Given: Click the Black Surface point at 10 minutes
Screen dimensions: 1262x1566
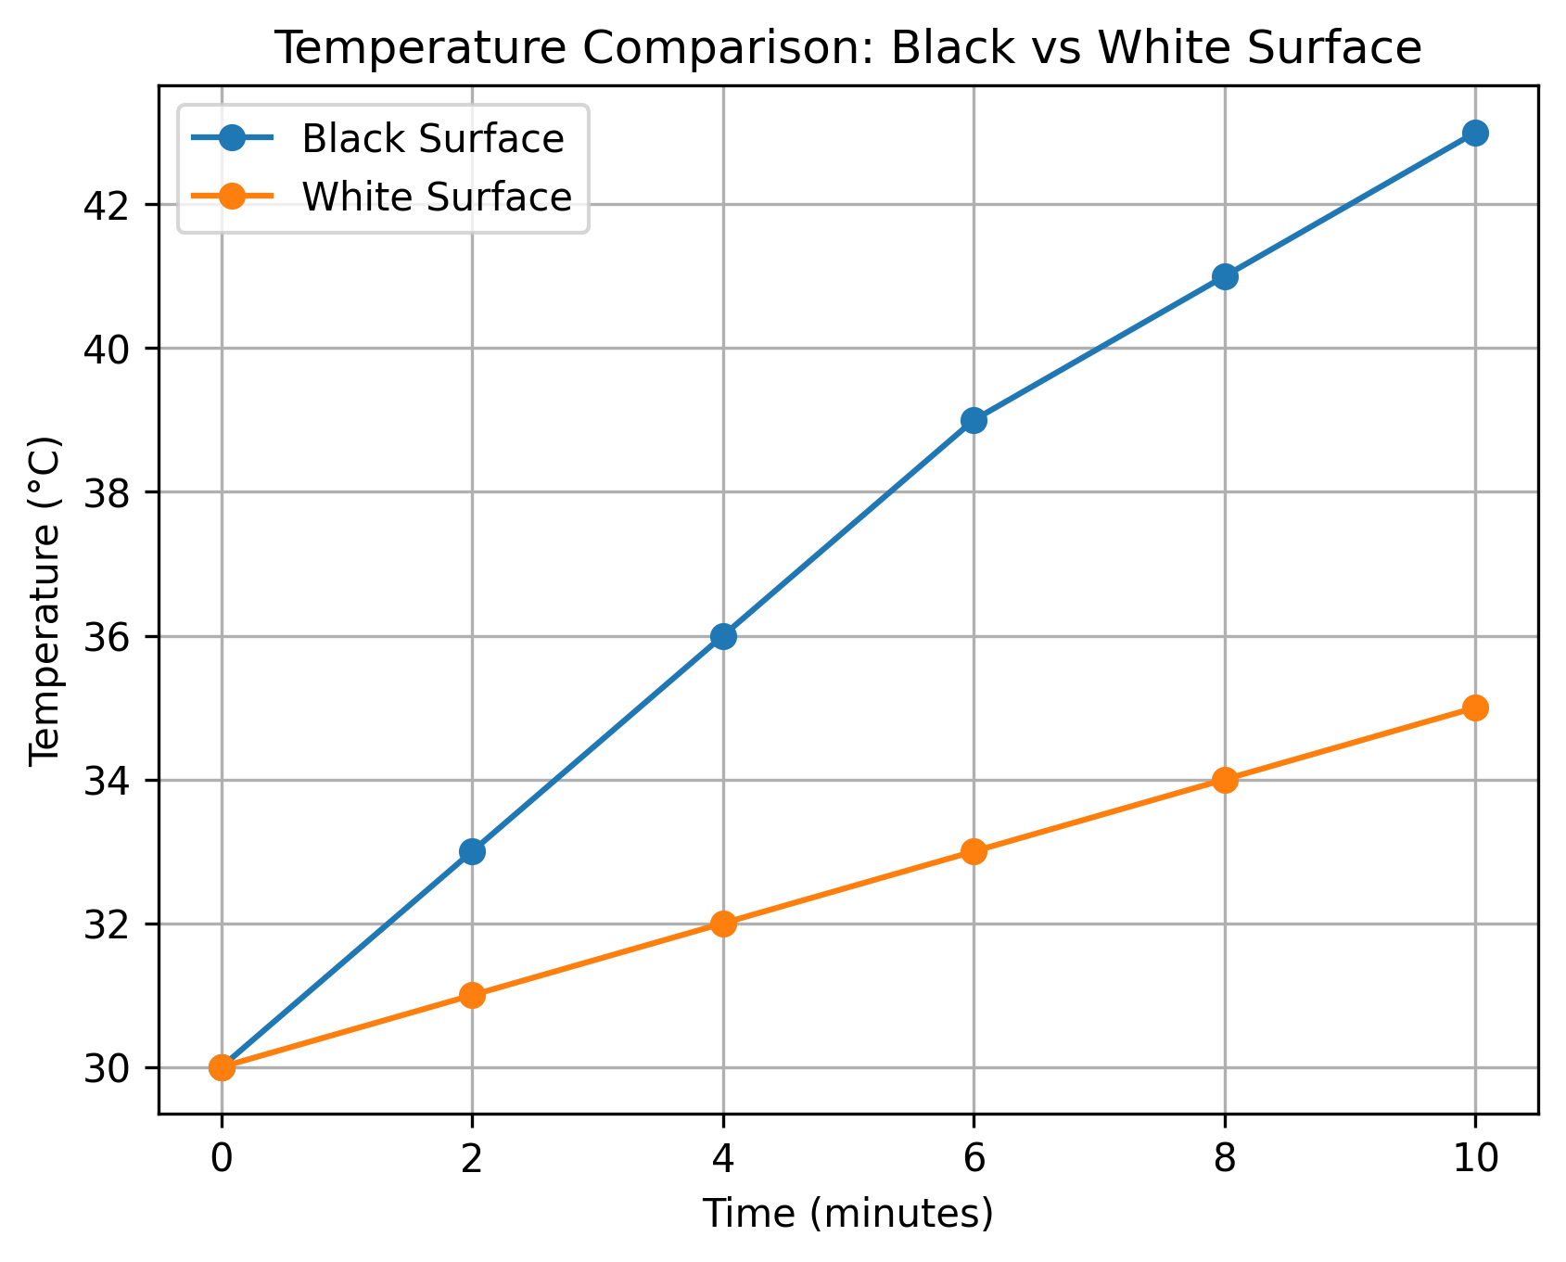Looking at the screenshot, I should coord(1475,133).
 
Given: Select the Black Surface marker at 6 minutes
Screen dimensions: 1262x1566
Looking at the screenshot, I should coord(974,420).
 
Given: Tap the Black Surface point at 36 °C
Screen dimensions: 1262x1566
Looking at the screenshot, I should coord(723,636).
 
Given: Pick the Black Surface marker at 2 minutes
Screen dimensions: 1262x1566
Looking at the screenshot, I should coord(472,851).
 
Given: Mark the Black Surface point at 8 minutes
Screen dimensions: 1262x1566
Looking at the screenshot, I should coord(1225,276).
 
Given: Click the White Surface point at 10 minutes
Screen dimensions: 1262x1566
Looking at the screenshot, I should coord(1475,707).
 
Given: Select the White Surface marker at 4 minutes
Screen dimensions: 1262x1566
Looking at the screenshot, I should coord(723,924).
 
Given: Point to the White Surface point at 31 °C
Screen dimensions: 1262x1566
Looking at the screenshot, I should coord(472,995).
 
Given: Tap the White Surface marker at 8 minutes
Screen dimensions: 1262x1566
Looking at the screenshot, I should coord(1225,780).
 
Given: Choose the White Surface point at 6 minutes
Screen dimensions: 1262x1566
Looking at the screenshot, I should coord(974,851).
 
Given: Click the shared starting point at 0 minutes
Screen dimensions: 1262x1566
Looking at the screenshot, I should coord(222,1067).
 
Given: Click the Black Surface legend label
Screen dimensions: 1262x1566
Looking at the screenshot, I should coord(433,139).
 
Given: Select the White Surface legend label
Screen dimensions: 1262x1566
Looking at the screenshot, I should coord(437,197).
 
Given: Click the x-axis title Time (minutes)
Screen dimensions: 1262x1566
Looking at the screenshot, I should coord(847,1215).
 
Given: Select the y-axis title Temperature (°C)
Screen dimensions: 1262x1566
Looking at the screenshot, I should coord(45,601).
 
